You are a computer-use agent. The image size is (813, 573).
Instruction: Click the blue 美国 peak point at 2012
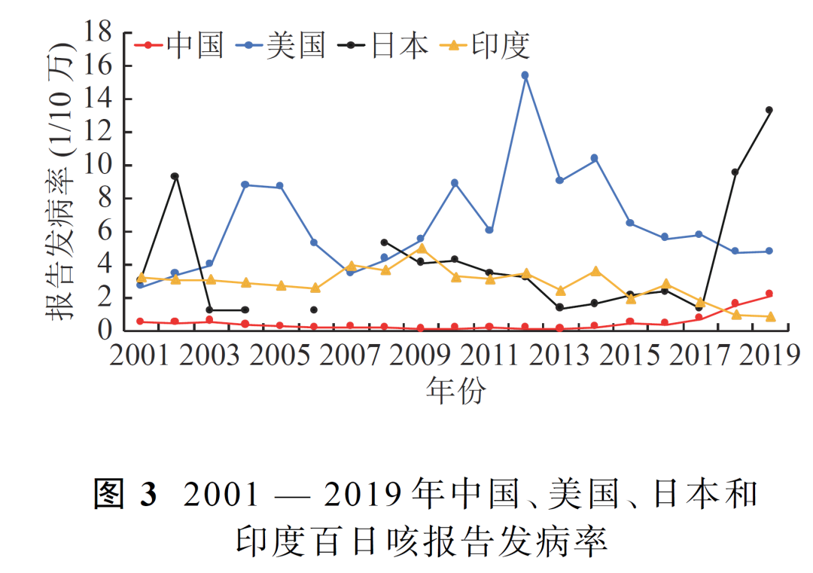tap(525, 75)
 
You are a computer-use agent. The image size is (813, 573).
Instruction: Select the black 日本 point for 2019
tap(769, 110)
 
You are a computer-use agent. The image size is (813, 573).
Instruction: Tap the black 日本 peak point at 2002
tap(175, 176)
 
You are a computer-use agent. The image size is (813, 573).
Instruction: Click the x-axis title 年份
tap(455, 390)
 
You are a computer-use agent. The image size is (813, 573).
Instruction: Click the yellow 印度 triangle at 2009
tap(422, 248)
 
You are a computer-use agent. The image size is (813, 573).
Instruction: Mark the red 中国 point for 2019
tap(769, 294)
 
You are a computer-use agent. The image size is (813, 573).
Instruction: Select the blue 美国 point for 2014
tap(594, 158)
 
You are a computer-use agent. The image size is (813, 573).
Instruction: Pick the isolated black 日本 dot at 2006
tap(314, 309)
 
